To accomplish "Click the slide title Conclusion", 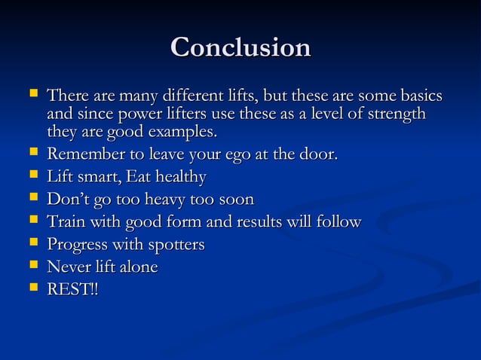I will pos(240,47).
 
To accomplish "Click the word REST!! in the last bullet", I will pos(72,289).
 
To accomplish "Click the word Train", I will pos(65,222).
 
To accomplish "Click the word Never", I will pos(69,267).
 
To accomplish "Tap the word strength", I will pos(394,114).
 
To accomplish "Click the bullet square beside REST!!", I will pos(33,288).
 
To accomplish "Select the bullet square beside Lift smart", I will pos(33,175).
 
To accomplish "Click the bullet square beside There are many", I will pos(33,95).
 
